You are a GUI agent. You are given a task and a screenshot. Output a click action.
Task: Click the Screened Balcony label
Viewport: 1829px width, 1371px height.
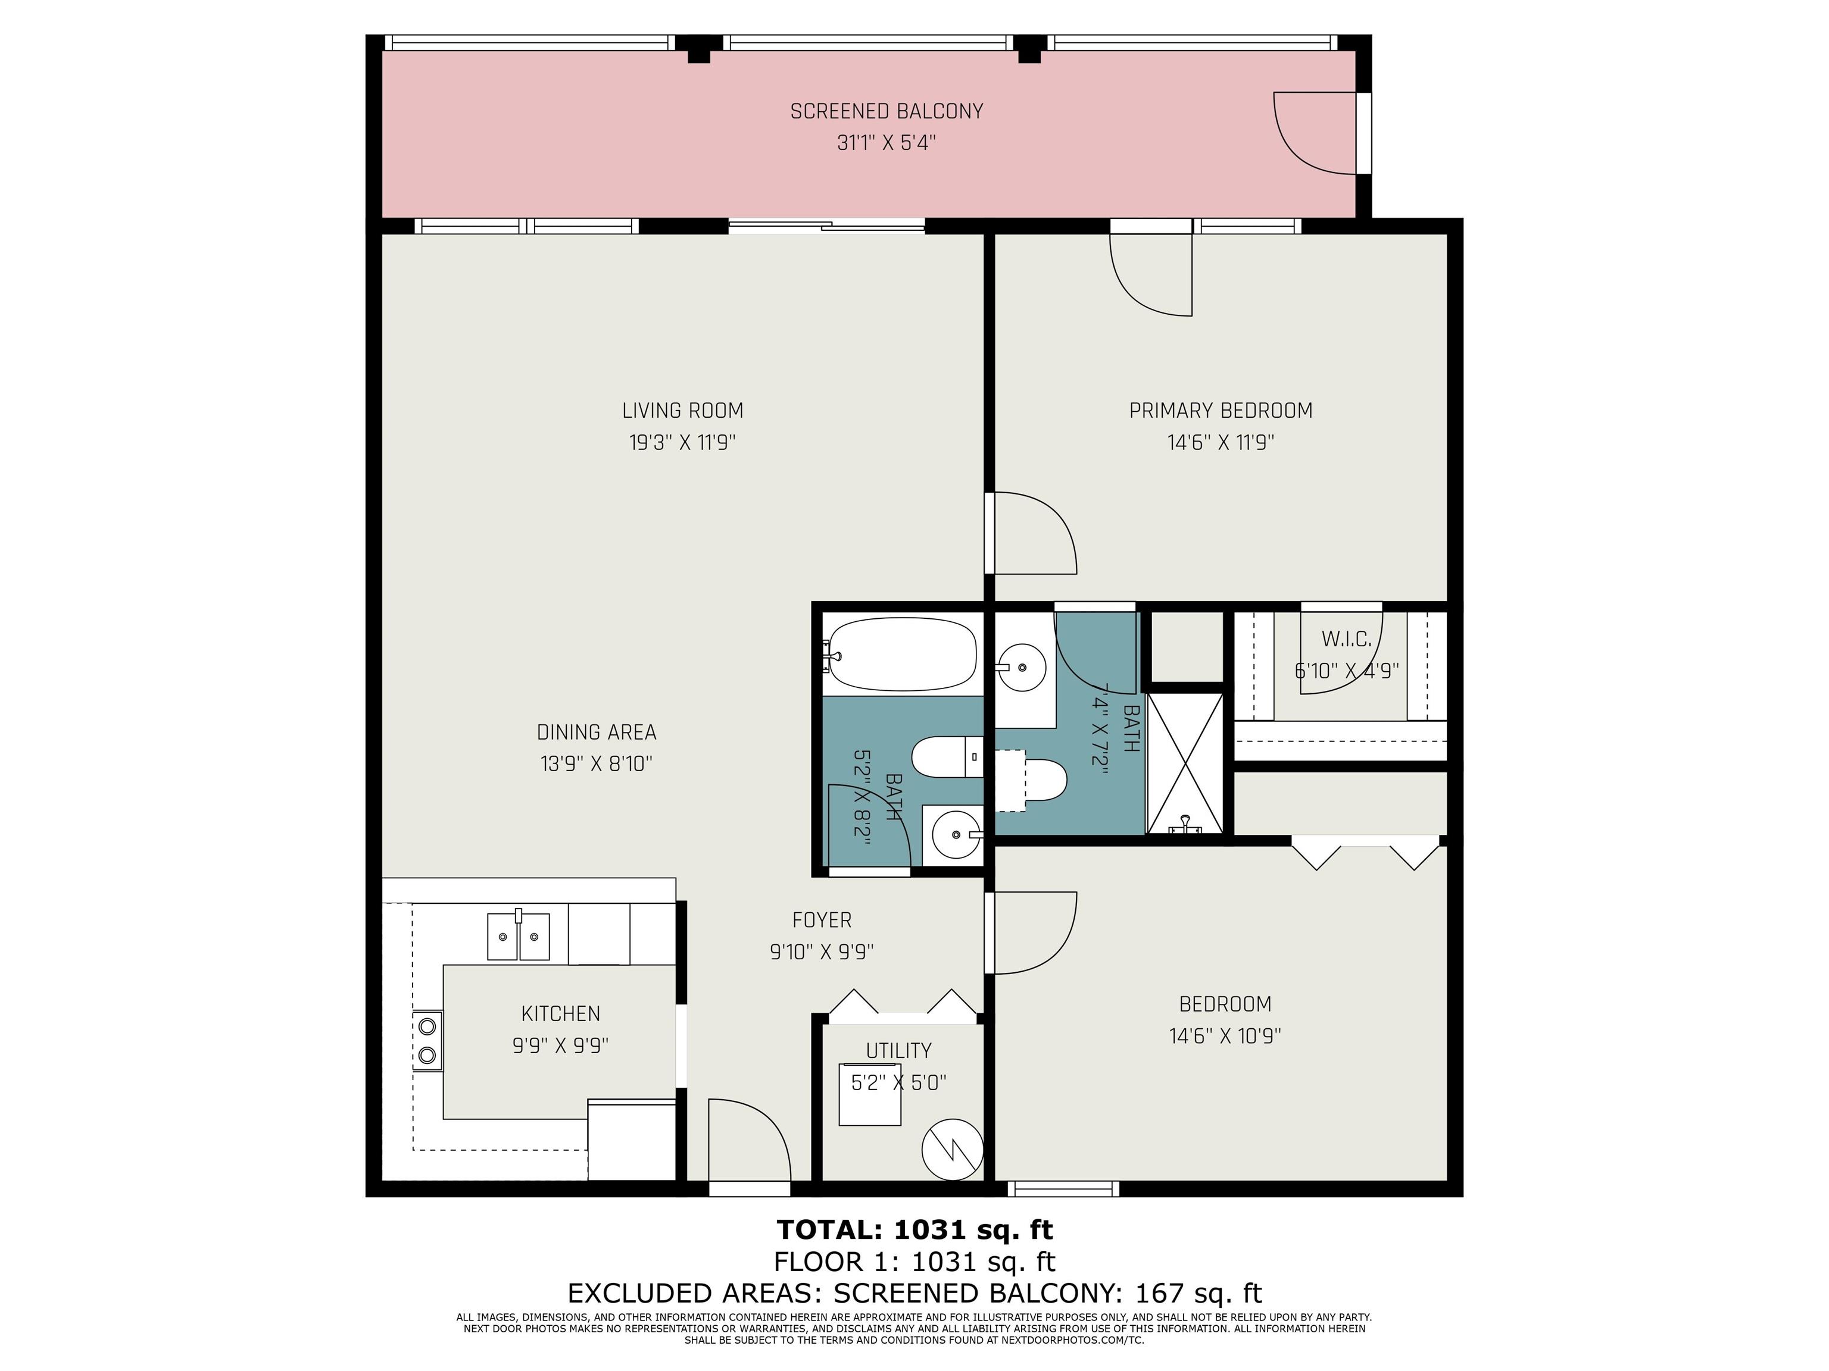click(x=887, y=111)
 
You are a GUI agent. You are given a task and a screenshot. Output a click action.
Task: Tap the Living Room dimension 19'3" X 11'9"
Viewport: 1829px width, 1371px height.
click(x=682, y=443)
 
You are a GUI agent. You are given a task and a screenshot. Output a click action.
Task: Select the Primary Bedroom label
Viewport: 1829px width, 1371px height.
click(x=1221, y=411)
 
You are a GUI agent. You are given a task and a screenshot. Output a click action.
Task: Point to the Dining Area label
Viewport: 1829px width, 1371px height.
click(x=596, y=732)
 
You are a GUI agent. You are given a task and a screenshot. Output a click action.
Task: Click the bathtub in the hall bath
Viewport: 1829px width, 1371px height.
click(x=902, y=655)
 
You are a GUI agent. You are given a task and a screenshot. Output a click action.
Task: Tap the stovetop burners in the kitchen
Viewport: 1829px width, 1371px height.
click(x=427, y=1040)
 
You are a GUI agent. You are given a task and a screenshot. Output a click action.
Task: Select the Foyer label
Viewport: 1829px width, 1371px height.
click(x=821, y=920)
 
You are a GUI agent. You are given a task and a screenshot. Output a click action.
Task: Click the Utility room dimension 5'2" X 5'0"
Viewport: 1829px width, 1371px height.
click(x=899, y=1082)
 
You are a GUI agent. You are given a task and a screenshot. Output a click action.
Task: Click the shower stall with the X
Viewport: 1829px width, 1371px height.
click(x=1185, y=763)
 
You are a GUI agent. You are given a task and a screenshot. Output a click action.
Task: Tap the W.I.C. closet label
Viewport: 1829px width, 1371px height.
click(x=1346, y=639)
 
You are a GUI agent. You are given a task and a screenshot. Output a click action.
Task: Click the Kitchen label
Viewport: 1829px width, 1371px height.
click(x=561, y=1013)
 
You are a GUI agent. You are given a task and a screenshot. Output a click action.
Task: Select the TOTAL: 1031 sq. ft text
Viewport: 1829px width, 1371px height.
click(x=914, y=1230)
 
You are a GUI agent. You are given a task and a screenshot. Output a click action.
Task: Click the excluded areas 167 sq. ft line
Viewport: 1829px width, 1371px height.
click(x=914, y=1292)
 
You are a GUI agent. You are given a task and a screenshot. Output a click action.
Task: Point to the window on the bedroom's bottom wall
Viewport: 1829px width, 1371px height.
click(x=1063, y=1189)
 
